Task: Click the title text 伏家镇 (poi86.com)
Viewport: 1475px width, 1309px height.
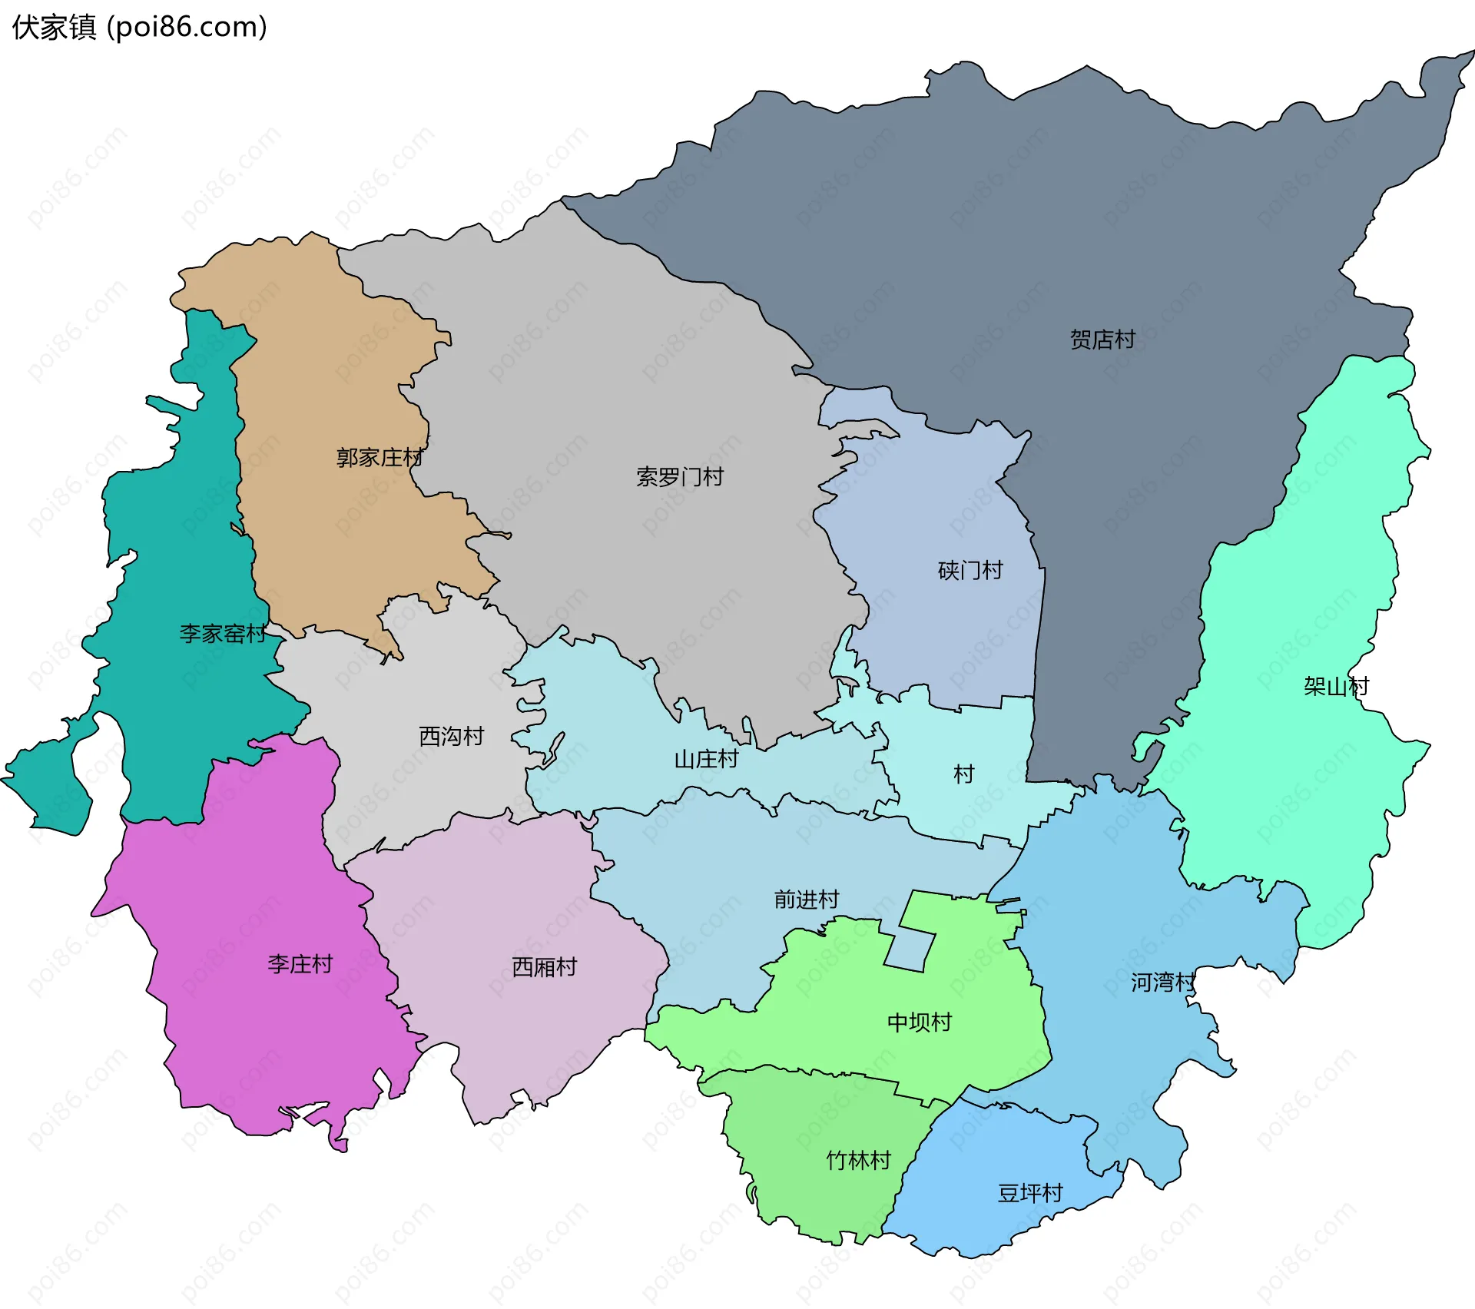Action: coord(140,27)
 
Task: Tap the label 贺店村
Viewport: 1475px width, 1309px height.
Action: coord(1102,340)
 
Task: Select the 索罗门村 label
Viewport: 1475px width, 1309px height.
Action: coord(680,477)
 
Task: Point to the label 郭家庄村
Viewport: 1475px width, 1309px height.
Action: coord(380,458)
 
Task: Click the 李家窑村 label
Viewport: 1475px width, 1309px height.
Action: coord(223,634)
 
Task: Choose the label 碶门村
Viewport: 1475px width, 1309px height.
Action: coord(970,571)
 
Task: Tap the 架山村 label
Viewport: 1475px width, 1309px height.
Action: coord(1336,686)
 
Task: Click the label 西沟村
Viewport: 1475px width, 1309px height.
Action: coord(451,737)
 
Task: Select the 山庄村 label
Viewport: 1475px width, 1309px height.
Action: coord(706,760)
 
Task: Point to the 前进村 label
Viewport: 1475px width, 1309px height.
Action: coord(807,900)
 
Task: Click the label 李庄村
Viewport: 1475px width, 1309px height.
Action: coord(300,964)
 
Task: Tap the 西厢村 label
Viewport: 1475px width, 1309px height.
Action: coord(544,967)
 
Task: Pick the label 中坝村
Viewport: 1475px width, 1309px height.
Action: coord(919,1022)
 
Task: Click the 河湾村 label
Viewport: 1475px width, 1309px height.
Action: coord(1162,983)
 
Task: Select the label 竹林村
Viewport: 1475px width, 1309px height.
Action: coord(858,1161)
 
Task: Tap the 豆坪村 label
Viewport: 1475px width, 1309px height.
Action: coord(1029,1193)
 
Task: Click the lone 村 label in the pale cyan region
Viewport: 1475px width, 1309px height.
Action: coord(963,774)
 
